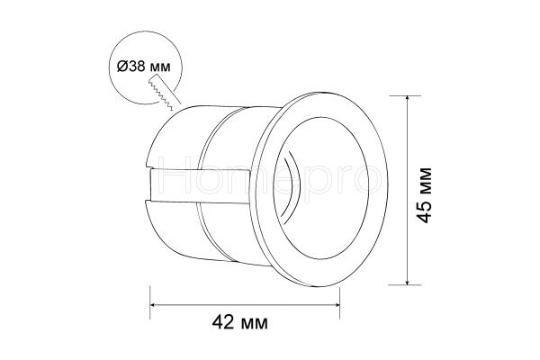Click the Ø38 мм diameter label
(144, 66)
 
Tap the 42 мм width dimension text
(239, 323)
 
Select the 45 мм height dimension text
(424, 195)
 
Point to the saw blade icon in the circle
(165, 93)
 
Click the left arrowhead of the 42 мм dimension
(153, 304)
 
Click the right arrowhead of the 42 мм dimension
(337, 304)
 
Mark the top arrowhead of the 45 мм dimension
(408, 99)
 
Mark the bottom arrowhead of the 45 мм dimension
(408, 282)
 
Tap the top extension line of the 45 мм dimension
(405, 95)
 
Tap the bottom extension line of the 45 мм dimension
(405, 285)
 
